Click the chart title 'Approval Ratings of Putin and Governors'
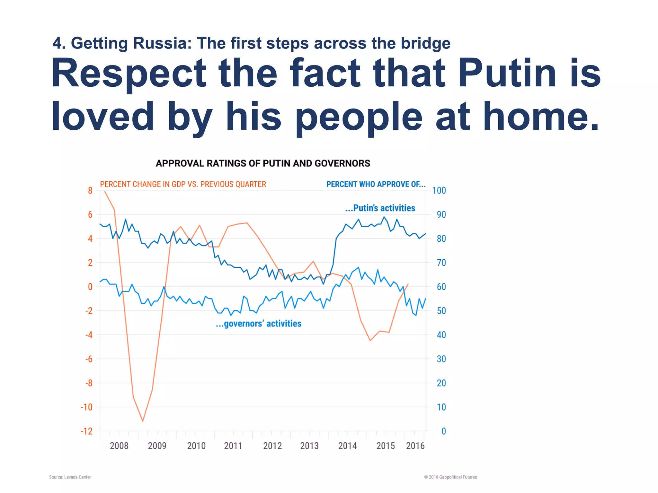(263, 163)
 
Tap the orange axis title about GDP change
(183, 184)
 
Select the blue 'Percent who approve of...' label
(376, 184)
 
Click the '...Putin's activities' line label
(380, 208)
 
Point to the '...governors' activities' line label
(259, 324)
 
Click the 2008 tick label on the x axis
(119, 446)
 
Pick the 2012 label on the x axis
(272, 446)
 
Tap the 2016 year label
(415, 446)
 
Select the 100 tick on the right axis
(439, 190)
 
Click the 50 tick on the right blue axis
(441, 311)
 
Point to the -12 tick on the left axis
(87, 431)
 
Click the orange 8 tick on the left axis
(90, 190)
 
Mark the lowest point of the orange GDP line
(143, 421)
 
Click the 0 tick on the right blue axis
(443, 431)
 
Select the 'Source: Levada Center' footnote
(70, 477)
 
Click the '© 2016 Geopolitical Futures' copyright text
(450, 477)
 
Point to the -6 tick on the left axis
(89, 359)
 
